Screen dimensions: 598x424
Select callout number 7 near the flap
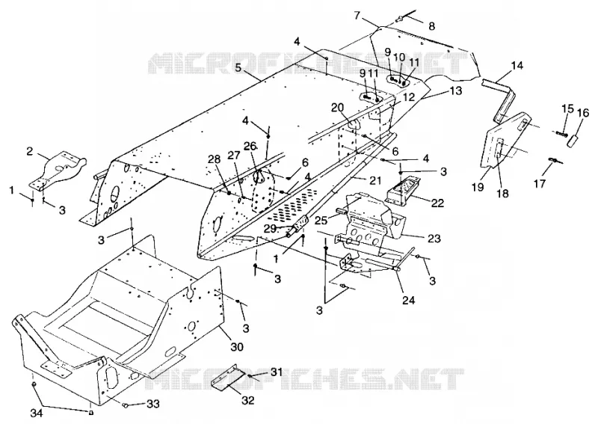coord(357,16)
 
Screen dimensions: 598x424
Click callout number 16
coord(582,113)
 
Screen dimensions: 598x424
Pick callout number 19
coord(478,187)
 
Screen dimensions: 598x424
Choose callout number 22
coord(438,203)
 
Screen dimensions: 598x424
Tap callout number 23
coord(434,239)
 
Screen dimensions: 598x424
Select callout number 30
coord(236,346)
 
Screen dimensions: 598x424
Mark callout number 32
coord(247,400)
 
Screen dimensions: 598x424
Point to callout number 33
coord(152,404)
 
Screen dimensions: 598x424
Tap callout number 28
coord(215,159)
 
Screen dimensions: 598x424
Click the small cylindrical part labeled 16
coord(572,139)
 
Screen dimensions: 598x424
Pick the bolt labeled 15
coord(560,133)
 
